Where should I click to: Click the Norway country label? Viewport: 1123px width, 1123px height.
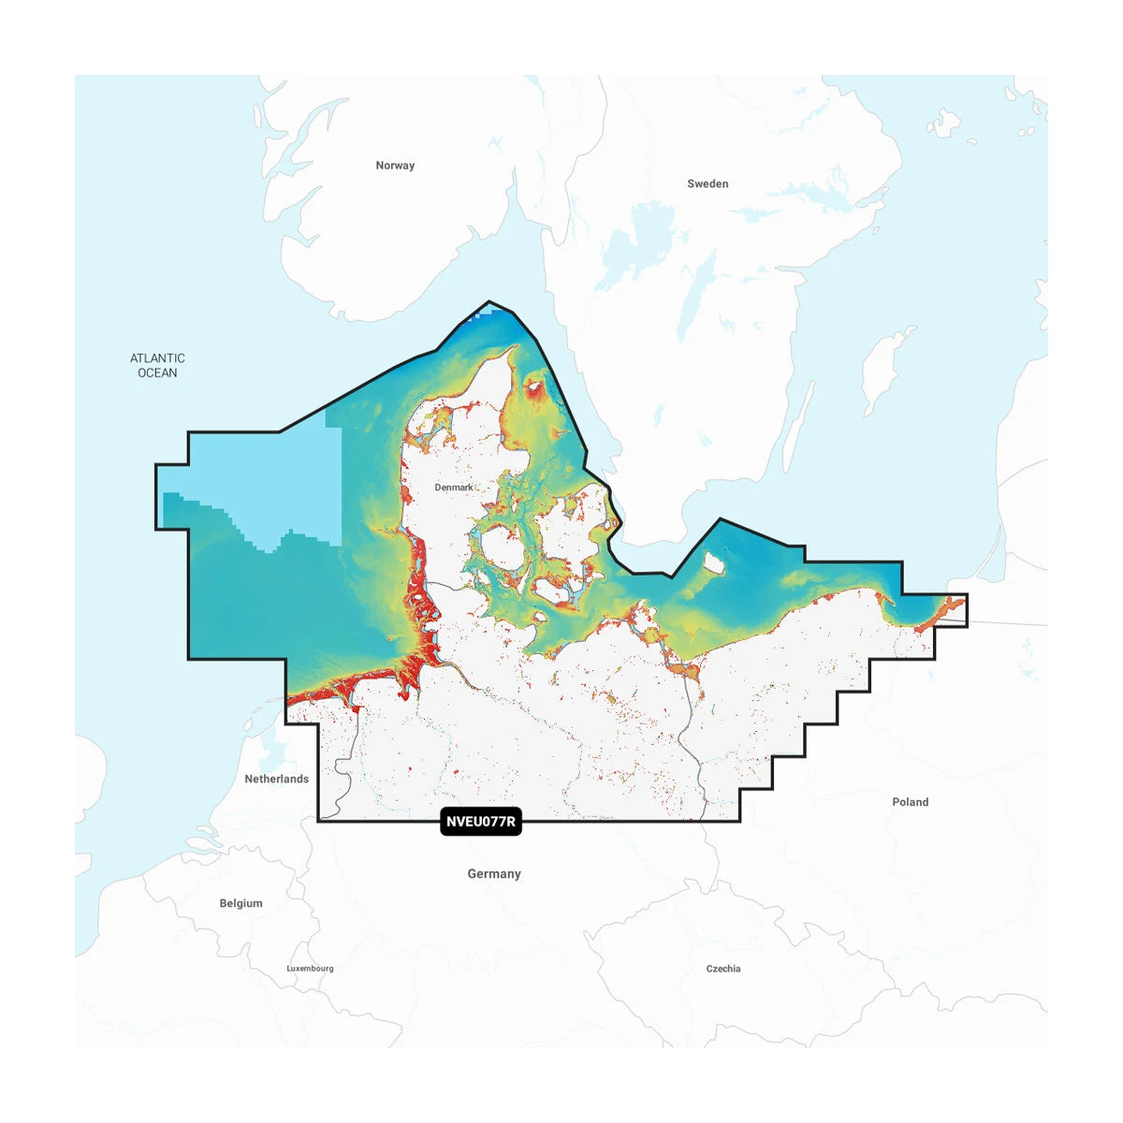(395, 166)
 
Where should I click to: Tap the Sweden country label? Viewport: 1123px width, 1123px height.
(707, 183)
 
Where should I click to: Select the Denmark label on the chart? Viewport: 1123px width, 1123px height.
(454, 488)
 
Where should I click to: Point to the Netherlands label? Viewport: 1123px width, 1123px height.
(276, 779)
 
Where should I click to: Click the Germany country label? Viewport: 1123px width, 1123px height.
(494, 874)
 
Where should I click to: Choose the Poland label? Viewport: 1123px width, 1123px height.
(910, 802)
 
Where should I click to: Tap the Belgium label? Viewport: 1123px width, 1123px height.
(241, 903)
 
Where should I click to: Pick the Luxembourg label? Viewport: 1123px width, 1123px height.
(310, 969)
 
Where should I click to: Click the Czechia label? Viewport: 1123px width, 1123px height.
(723, 969)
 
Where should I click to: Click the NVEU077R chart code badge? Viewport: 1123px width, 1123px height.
(480, 823)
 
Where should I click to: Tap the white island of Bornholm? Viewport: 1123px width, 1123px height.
(713, 563)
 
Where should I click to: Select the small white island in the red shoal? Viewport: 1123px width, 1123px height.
(535, 384)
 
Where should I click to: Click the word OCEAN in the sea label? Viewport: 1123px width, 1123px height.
(157, 372)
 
